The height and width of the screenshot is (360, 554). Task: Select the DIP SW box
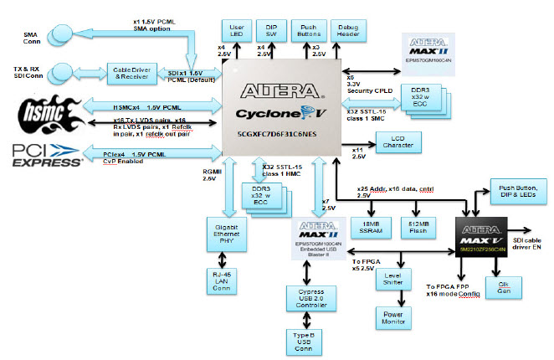tap(271, 30)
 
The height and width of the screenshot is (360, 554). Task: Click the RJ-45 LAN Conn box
tap(223, 280)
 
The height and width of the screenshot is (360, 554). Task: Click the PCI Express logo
tap(45, 154)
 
